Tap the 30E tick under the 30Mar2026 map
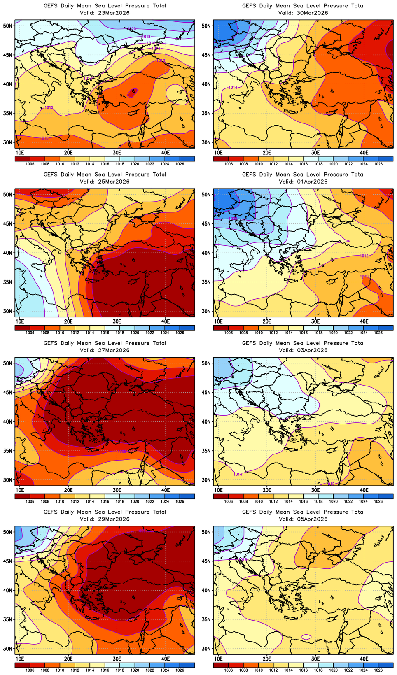[x=315, y=153]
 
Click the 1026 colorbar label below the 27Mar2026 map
[x=180, y=501]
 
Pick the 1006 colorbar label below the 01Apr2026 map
[x=229, y=332]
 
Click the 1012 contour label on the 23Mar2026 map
[x=49, y=107]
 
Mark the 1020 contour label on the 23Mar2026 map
[x=132, y=29]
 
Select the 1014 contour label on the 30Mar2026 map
[x=233, y=87]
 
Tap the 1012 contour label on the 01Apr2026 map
[x=364, y=256]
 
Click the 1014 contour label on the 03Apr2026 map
[x=238, y=474]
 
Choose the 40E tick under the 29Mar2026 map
[x=166, y=659]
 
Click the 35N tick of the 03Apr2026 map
[x=207, y=451]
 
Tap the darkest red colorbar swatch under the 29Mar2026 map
[x=22, y=665]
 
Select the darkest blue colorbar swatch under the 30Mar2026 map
[x=385, y=158]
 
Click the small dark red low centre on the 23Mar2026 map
[x=132, y=93]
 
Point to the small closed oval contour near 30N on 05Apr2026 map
[x=306, y=637]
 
